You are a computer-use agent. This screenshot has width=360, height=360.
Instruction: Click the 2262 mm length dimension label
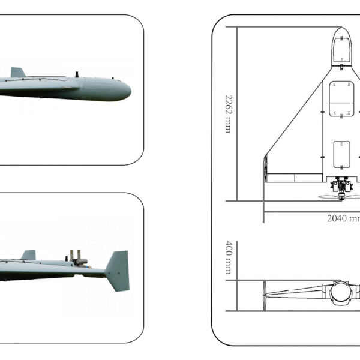pyautogui.click(x=228, y=113)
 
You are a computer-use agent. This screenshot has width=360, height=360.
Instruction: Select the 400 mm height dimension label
pyautogui.click(x=228, y=257)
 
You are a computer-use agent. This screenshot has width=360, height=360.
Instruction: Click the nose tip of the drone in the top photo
pyautogui.click(x=130, y=89)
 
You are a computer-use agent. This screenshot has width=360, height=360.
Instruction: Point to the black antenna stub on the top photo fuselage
pyautogui.click(x=77, y=74)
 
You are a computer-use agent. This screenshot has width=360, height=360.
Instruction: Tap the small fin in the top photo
pyautogui.click(x=17, y=72)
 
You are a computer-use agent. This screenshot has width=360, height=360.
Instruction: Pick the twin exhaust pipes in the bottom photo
pyautogui.click(x=75, y=257)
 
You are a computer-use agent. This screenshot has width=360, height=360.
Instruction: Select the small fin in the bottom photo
pyautogui.click(x=28, y=255)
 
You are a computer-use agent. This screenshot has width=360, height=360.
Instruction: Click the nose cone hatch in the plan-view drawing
pyautogui.click(x=341, y=48)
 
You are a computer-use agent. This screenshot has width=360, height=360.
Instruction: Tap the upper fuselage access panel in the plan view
pyautogui.click(x=341, y=96)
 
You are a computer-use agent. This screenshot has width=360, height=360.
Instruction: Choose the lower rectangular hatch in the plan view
pyautogui.click(x=341, y=153)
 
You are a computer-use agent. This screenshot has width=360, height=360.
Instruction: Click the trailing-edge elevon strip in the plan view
pyautogui.click(x=294, y=178)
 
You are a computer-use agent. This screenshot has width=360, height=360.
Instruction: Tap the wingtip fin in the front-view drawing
pyautogui.click(x=265, y=294)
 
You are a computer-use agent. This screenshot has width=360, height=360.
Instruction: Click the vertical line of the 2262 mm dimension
pyautogui.click(x=236, y=114)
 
